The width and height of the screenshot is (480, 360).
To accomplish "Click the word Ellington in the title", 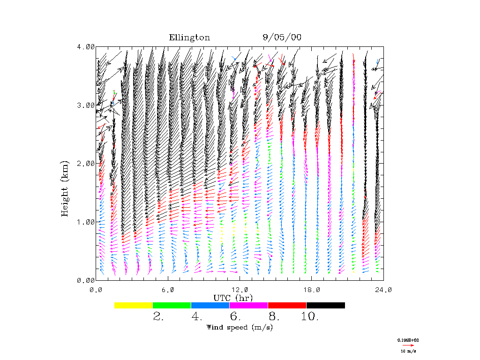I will (x=189, y=38).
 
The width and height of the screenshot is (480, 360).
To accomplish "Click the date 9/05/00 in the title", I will (x=282, y=38).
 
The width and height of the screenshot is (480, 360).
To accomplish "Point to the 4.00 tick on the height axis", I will (x=86, y=46).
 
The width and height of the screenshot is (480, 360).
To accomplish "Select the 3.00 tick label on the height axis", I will (x=86, y=105).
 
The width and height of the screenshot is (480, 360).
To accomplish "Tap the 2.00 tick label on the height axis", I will (x=86, y=163).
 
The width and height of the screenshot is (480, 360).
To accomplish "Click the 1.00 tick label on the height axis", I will (x=86, y=222).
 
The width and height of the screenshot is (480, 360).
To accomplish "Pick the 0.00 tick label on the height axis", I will (x=86, y=280).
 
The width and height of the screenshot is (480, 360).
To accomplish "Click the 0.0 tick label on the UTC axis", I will (x=96, y=290).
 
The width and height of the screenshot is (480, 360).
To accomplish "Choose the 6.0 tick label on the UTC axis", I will (x=168, y=290).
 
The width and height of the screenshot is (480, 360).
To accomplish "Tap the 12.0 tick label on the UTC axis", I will (x=240, y=290).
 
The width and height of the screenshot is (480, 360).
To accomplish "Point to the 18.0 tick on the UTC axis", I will (x=312, y=290).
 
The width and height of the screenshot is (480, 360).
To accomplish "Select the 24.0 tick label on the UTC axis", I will (x=383, y=290).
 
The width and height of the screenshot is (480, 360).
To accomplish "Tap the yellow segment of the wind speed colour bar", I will (x=134, y=305).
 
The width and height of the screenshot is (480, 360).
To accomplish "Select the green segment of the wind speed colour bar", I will (x=172, y=305).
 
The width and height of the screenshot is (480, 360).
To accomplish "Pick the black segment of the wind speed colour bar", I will (x=326, y=305).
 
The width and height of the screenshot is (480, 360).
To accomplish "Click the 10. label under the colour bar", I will (x=310, y=317).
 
